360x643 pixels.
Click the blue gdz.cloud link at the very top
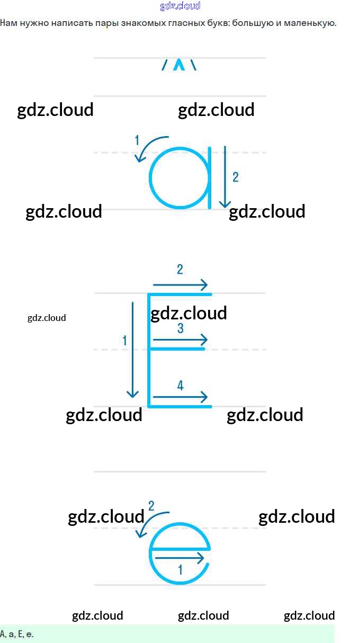pos(180,6)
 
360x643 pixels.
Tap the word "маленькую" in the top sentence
pos(312,23)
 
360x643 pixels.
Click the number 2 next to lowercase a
pos(236,177)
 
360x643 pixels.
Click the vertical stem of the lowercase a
pos(210,177)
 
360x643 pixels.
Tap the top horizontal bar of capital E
pos(180,294)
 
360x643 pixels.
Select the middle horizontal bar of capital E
pos(177,349)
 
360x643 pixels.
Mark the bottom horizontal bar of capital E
pos(180,406)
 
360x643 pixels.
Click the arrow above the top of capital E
pos(180,285)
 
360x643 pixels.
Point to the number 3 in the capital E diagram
pos(180,329)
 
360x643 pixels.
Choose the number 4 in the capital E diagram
pos(180,386)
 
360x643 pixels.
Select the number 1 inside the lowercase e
pos(180,570)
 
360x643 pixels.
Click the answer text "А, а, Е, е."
pos(17,633)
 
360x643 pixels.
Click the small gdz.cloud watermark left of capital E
pos(47,318)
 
